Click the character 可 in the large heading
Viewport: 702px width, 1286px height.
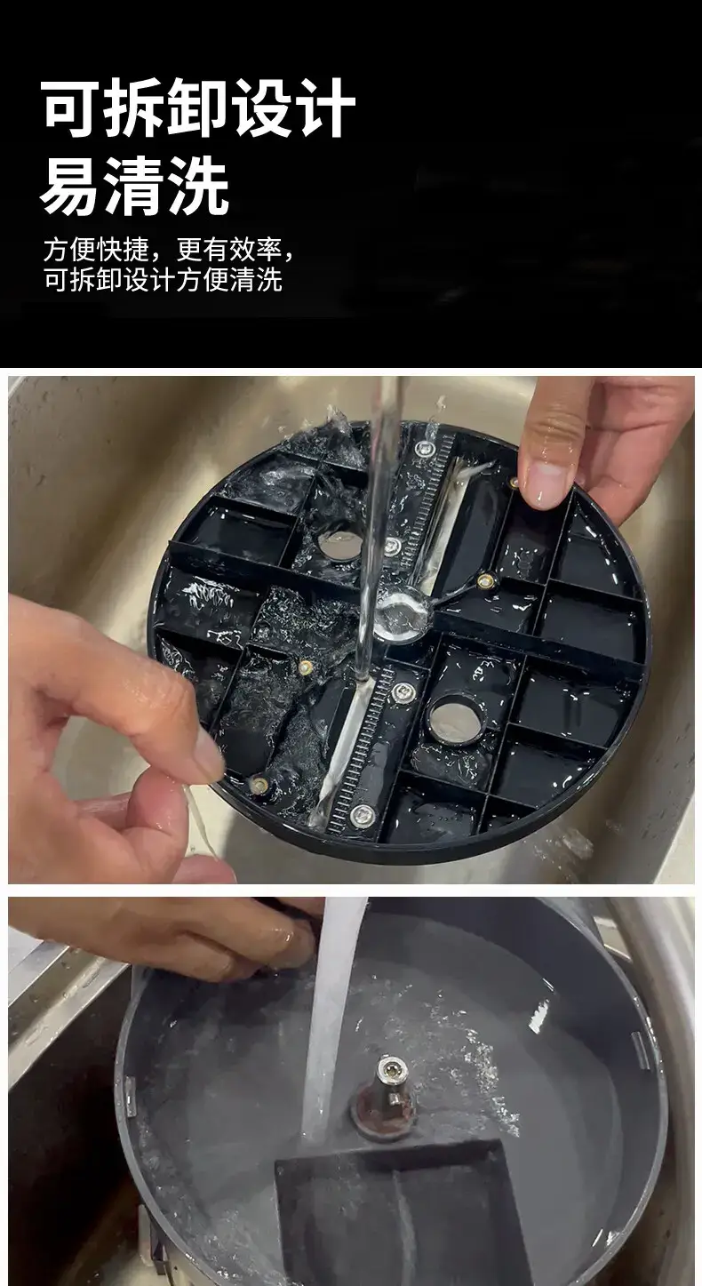[70, 108]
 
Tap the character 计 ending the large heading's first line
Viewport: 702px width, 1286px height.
[324, 108]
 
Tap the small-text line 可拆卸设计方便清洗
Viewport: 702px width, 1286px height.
[163, 280]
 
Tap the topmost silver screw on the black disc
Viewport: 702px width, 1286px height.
[425, 447]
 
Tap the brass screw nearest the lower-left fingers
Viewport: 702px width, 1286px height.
[259, 784]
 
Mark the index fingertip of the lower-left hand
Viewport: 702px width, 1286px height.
[207, 759]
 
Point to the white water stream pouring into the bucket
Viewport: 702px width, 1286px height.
[328, 1016]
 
